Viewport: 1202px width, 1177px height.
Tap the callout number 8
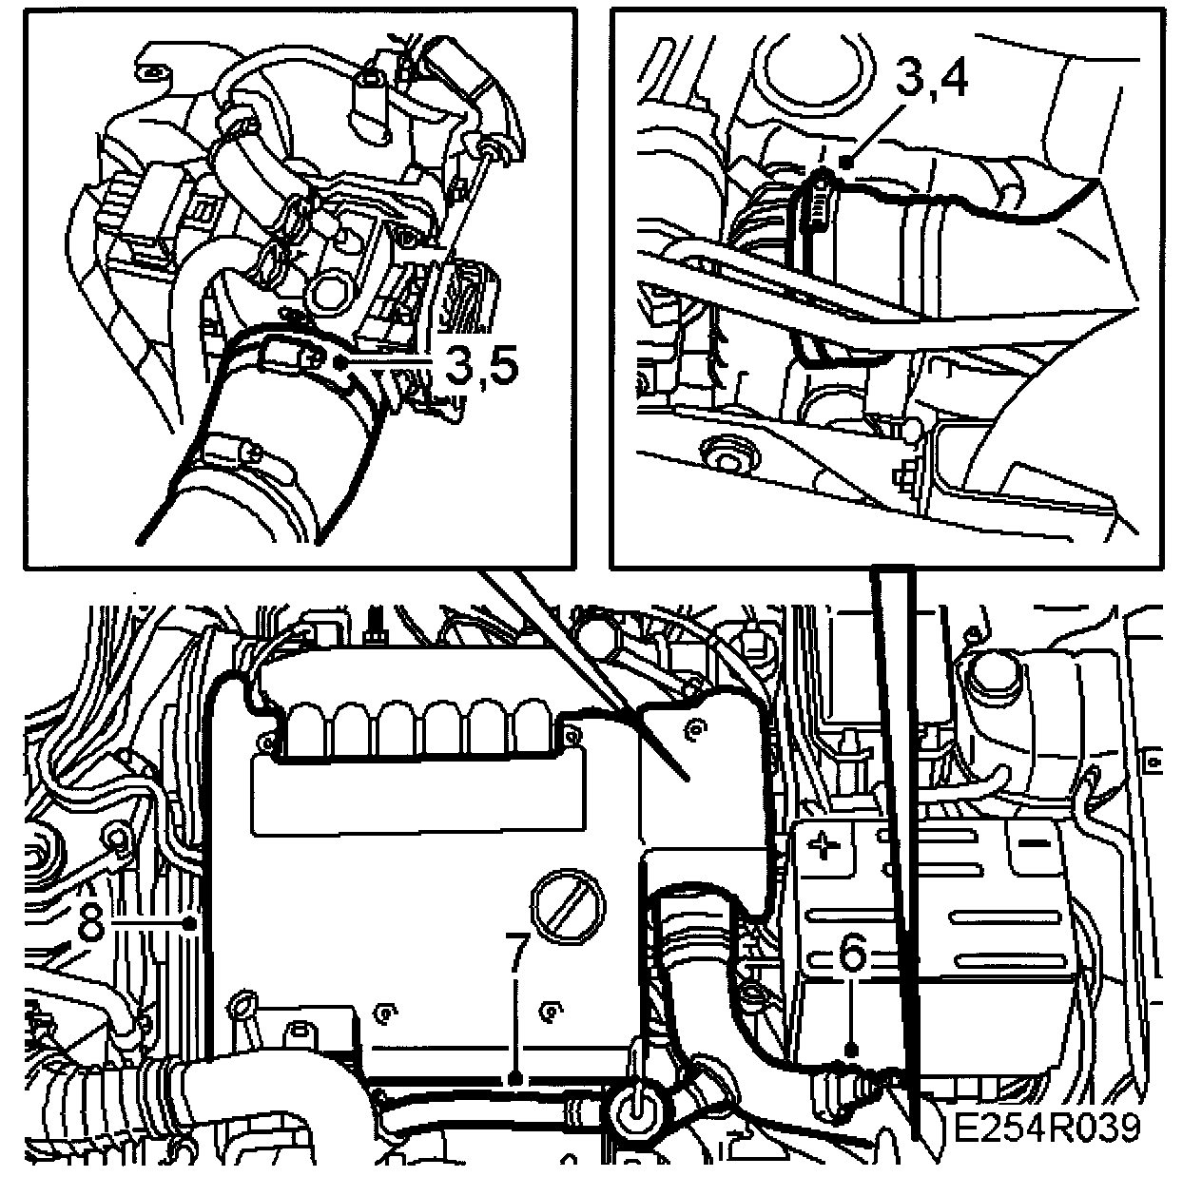coord(91,924)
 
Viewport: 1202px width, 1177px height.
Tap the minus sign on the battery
coord(1035,845)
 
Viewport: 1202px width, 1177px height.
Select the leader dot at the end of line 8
coord(189,924)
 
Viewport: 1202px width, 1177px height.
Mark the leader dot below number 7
coord(515,1078)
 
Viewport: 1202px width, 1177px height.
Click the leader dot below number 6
coord(852,1051)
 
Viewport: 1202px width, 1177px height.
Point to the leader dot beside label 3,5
coord(340,363)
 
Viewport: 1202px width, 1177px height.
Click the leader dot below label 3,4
coord(845,163)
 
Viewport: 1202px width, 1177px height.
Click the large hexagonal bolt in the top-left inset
coord(329,289)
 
